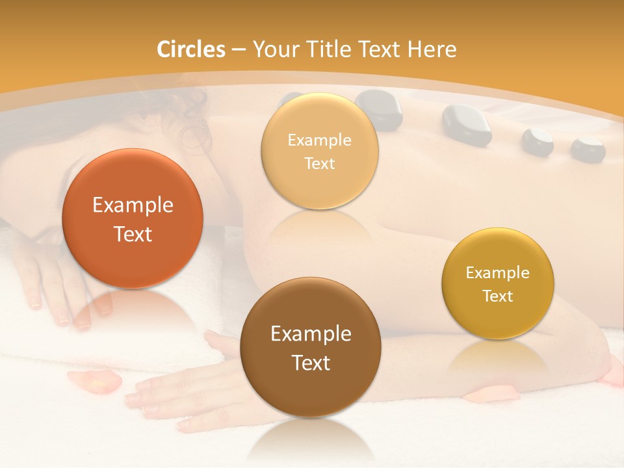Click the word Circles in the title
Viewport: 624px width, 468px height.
click(191, 49)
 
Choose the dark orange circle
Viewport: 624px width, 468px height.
click(133, 218)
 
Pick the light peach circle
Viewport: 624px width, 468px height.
click(319, 151)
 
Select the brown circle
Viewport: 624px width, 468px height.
click(311, 347)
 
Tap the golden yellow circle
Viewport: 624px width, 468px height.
click(498, 283)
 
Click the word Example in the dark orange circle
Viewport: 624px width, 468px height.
click(133, 205)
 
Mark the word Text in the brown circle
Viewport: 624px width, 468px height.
click(311, 363)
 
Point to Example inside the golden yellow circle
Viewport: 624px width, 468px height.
click(498, 273)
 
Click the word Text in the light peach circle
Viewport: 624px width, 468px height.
click(319, 163)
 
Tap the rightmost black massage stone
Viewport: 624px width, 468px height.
click(588, 149)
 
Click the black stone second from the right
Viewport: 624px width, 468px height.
click(537, 142)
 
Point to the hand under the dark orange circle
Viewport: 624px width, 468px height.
click(55, 286)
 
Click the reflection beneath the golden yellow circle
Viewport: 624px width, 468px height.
click(497, 357)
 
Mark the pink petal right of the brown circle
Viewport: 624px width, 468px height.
click(504, 393)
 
